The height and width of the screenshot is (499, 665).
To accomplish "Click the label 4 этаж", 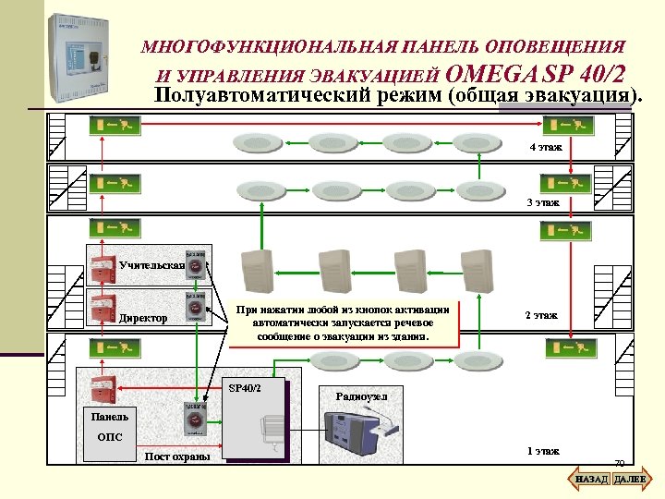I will [545, 148].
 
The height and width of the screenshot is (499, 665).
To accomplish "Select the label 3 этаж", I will [542, 201].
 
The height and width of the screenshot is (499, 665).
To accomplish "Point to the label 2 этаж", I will [541, 315].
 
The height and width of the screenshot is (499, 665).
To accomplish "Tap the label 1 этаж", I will [542, 451].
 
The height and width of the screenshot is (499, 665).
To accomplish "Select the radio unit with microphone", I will [363, 434].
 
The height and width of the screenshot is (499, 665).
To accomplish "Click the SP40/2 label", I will [245, 386].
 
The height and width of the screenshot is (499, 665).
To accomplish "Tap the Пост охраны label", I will [177, 456].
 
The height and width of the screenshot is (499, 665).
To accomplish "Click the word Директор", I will [143, 319].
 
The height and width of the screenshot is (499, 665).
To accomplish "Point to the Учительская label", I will [151, 266].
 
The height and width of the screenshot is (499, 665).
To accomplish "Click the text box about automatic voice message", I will [344, 323].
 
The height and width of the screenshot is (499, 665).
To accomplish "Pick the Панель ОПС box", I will [109, 426].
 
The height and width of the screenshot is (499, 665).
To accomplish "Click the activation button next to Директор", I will [196, 308].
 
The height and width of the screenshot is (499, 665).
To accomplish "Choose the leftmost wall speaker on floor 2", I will [254, 272].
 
